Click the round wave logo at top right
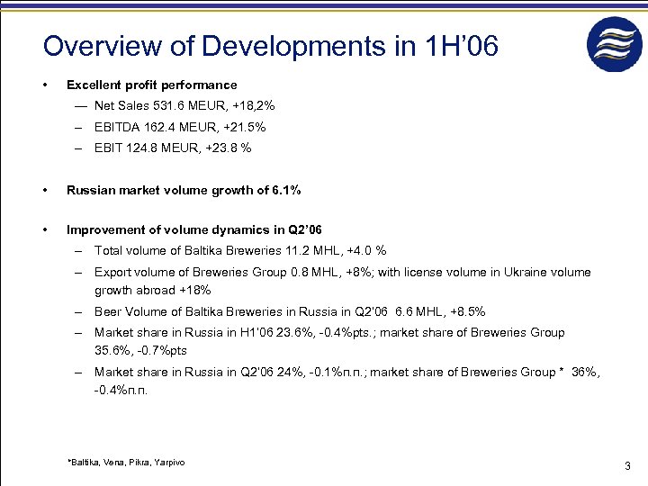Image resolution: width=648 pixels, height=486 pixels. coord(615,45)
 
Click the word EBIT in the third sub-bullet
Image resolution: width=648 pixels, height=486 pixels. coord(107,148)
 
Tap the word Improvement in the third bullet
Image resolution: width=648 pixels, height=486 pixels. coord(104,231)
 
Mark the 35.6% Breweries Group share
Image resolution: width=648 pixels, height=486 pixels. coord(112,351)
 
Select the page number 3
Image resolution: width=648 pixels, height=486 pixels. coord(626,466)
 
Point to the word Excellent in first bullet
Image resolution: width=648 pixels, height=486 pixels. coord(94,85)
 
